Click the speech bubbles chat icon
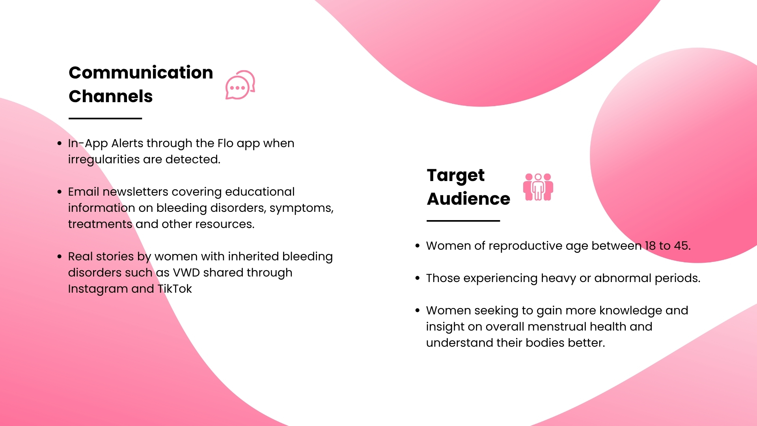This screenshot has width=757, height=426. tap(240, 85)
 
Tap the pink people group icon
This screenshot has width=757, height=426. tap(538, 187)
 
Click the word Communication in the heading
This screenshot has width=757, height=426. tap(141, 73)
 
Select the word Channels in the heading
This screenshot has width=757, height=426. tap(110, 96)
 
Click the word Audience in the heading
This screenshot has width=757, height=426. tap(468, 199)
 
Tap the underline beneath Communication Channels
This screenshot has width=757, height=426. tap(105, 118)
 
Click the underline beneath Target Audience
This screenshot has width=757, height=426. tap(463, 221)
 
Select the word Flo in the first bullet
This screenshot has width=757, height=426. tap(226, 143)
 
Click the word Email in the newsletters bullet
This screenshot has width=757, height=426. tap(84, 192)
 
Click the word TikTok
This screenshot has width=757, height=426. tap(175, 289)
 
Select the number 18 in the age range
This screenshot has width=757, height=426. tap(650, 246)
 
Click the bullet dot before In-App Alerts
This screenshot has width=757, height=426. tap(60, 143)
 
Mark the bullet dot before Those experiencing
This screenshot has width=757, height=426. tap(418, 278)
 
